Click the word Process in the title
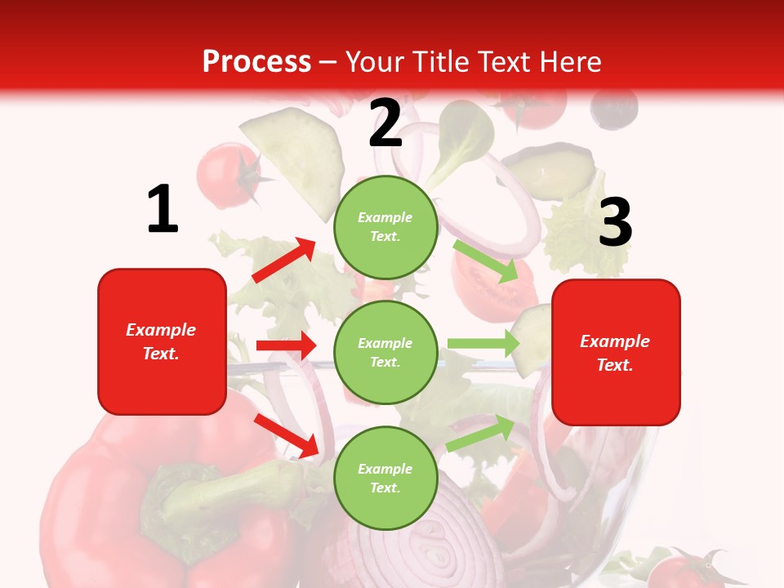point(256,62)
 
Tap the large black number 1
point(163,210)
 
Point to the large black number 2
point(385,124)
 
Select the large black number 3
point(615,223)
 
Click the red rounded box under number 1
point(162,341)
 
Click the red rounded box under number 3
point(616,353)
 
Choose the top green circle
point(385,227)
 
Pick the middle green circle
point(385,352)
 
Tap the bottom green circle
point(385,478)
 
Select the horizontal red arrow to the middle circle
point(286,345)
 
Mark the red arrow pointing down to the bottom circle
point(287,435)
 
